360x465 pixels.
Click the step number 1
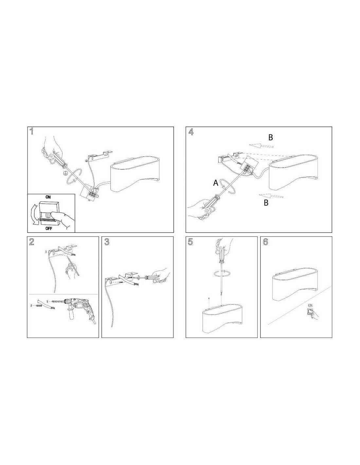(31, 131)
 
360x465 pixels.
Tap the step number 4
(190, 132)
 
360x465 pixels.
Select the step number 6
(265, 242)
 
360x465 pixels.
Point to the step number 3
(107, 242)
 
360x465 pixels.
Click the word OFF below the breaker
(49, 229)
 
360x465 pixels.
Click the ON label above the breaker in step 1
(48, 197)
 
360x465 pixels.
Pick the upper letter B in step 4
(271, 138)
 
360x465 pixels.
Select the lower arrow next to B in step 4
(271, 196)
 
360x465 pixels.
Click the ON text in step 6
(310, 305)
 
